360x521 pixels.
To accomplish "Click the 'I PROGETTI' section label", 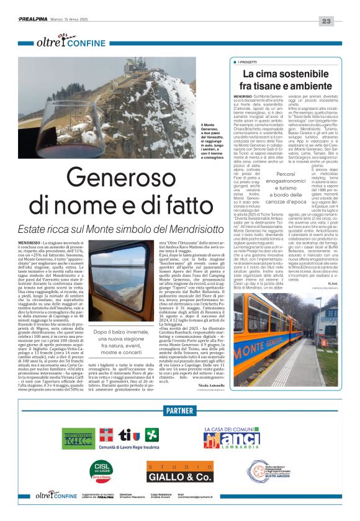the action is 251,62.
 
